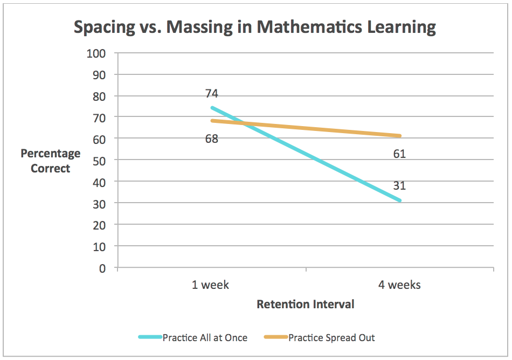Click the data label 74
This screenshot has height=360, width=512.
click(x=211, y=93)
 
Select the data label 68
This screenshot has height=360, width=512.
click(x=211, y=139)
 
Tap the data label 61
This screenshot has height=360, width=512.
click(x=399, y=154)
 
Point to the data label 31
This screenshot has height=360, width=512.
click(x=399, y=186)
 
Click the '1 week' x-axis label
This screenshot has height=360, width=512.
click(x=210, y=285)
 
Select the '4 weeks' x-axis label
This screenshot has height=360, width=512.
click(x=399, y=285)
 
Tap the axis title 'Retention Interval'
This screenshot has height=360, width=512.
click(x=306, y=304)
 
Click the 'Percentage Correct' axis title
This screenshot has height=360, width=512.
click(x=51, y=161)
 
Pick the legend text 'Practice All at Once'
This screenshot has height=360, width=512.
click(x=205, y=338)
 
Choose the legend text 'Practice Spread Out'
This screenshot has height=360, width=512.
click(x=331, y=338)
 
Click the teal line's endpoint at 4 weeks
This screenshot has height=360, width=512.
click(x=400, y=200)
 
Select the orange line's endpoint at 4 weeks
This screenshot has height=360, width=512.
click(x=400, y=136)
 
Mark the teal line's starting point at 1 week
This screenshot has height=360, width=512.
click(x=212, y=108)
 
